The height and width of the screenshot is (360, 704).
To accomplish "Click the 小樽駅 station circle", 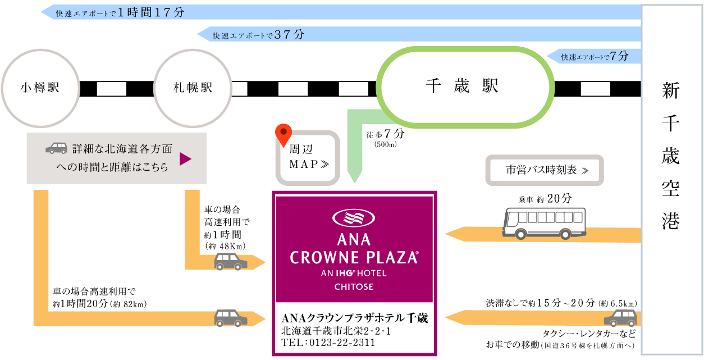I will (39, 88).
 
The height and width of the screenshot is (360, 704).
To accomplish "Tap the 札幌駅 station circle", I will (193, 88).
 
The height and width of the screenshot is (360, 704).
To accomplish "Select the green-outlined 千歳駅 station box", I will (465, 87).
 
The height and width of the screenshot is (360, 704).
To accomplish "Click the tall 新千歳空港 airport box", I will (671, 180).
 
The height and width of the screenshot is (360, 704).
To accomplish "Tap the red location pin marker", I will (284, 134).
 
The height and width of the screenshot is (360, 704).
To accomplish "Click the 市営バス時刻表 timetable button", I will (544, 170).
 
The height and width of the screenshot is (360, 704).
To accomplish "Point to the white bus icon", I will (544, 222).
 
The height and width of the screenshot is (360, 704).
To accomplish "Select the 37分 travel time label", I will (290, 34).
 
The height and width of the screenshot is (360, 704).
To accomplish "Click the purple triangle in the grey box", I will (185, 160).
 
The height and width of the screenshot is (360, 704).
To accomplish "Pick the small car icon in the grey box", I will (57, 148).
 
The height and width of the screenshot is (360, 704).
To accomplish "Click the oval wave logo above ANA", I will (354, 217).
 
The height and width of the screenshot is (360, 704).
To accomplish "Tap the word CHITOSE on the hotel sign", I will (354, 287).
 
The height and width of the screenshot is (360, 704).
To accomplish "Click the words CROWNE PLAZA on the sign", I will (354, 258).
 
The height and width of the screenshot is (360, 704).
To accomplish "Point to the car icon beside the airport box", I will (621, 318).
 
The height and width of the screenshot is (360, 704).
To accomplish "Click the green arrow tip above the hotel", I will (354, 178).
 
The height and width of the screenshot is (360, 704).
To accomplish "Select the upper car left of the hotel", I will (231, 262).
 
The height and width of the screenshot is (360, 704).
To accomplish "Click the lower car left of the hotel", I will (231, 318).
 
